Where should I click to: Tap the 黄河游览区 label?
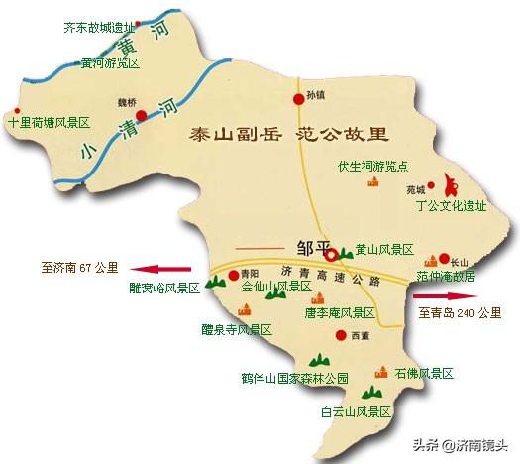click(112, 62)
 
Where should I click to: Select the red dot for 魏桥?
click(142, 115)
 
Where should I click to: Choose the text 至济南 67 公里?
click(79, 267)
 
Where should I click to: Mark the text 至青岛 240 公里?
click(460, 313)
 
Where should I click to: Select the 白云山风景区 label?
click(356, 410)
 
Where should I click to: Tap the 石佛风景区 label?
click(423, 374)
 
